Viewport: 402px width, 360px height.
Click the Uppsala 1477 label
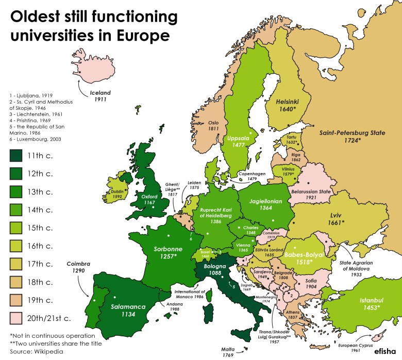(239, 143)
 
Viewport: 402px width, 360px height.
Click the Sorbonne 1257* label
(166, 252)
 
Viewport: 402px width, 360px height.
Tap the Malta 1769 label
(230, 351)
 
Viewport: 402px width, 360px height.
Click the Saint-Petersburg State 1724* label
(352, 136)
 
